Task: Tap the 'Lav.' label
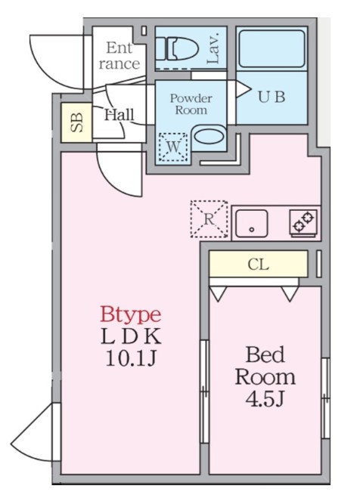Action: click(x=213, y=47)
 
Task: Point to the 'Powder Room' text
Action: click(x=191, y=104)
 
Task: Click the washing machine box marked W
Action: click(x=172, y=146)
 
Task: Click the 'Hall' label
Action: click(x=119, y=115)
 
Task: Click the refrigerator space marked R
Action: click(x=209, y=218)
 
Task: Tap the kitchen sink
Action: click(x=252, y=223)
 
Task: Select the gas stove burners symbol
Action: click(x=303, y=221)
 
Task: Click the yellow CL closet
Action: click(x=258, y=265)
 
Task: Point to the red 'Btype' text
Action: click(x=130, y=314)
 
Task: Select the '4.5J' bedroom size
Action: click(x=264, y=398)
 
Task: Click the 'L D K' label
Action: click(x=131, y=336)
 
